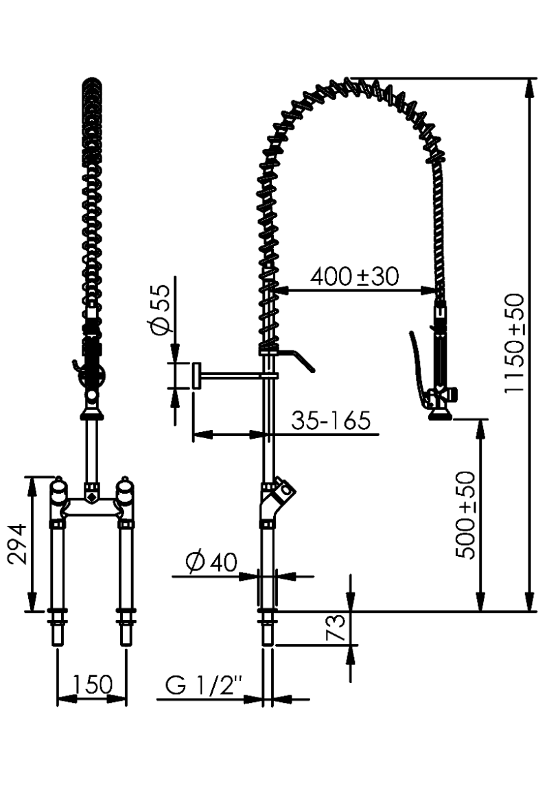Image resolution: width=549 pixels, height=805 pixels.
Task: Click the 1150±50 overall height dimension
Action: tap(514, 343)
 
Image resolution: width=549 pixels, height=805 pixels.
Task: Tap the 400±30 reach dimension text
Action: tap(355, 277)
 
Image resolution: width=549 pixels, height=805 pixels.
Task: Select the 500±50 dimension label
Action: tap(466, 514)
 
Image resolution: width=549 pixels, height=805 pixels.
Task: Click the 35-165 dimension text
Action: tap(331, 420)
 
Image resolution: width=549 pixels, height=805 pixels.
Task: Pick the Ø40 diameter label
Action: tap(212, 562)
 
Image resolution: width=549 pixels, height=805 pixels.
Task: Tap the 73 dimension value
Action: tap(337, 627)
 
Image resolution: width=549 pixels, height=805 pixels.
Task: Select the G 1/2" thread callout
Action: tap(204, 685)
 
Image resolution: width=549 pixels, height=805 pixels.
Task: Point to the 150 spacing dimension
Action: tap(92, 684)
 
